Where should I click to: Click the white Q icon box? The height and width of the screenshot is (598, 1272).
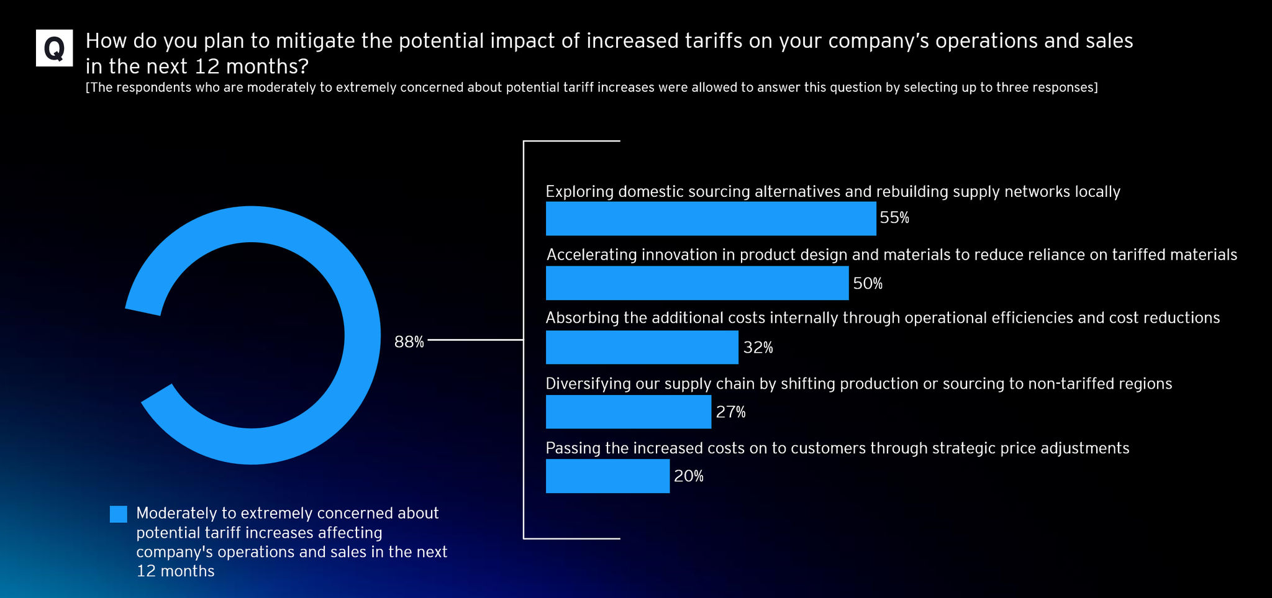[x=54, y=48]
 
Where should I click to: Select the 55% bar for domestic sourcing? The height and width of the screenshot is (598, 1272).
[x=711, y=218]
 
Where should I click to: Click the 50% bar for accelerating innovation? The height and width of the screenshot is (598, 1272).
[x=697, y=283]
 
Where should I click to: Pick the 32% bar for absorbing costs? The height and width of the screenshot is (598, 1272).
[x=642, y=347]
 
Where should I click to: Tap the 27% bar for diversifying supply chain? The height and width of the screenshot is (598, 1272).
[x=628, y=412]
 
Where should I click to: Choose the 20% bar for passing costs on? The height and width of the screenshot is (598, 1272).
[x=607, y=476]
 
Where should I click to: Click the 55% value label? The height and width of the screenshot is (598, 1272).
[x=894, y=218]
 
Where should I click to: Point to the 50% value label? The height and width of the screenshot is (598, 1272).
[x=868, y=284]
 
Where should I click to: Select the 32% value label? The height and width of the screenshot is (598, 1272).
[x=758, y=348]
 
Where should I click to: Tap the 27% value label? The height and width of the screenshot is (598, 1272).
[x=730, y=412]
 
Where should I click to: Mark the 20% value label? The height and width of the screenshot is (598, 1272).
[x=689, y=476]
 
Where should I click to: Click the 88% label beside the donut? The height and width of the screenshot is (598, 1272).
[x=409, y=342]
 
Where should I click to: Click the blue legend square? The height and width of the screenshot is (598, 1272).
[x=119, y=514]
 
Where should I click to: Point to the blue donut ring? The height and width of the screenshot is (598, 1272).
[x=362, y=335]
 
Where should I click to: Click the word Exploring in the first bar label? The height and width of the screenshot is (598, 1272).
[x=579, y=192]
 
